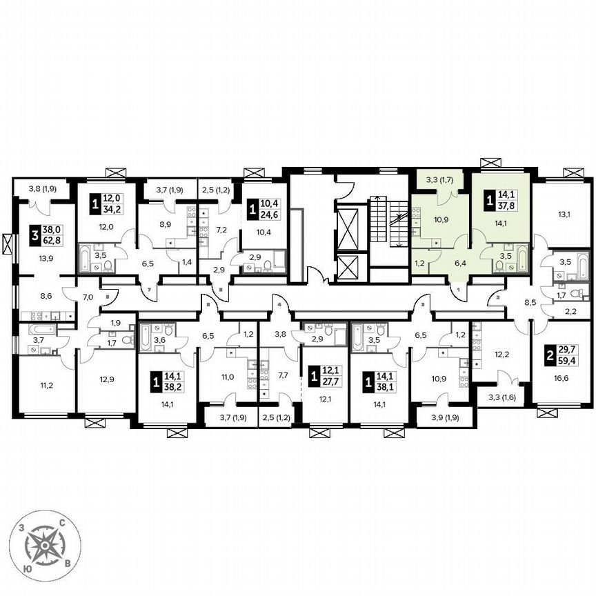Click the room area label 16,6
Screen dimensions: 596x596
pyautogui.click(x=561, y=379)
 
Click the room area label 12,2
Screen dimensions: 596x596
pyautogui.click(x=502, y=355)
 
